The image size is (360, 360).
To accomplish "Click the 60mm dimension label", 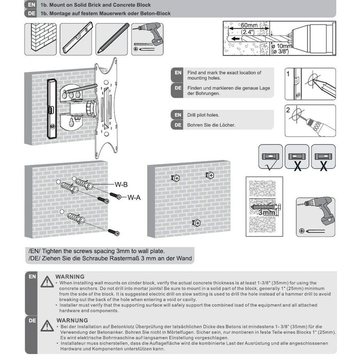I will [x=249, y=25].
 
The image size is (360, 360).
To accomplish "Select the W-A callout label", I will [x=134, y=196].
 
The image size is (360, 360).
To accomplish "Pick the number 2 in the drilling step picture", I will [x=289, y=110].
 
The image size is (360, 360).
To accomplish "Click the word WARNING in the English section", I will [x=69, y=276].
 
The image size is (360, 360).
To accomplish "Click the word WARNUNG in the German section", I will [x=70, y=319].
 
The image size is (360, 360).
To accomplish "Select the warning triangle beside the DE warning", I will [x=47, y=326].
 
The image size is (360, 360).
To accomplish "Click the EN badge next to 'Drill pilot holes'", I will [x=178, y=114].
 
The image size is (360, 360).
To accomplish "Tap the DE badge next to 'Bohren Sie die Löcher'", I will [x=178, y=124].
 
